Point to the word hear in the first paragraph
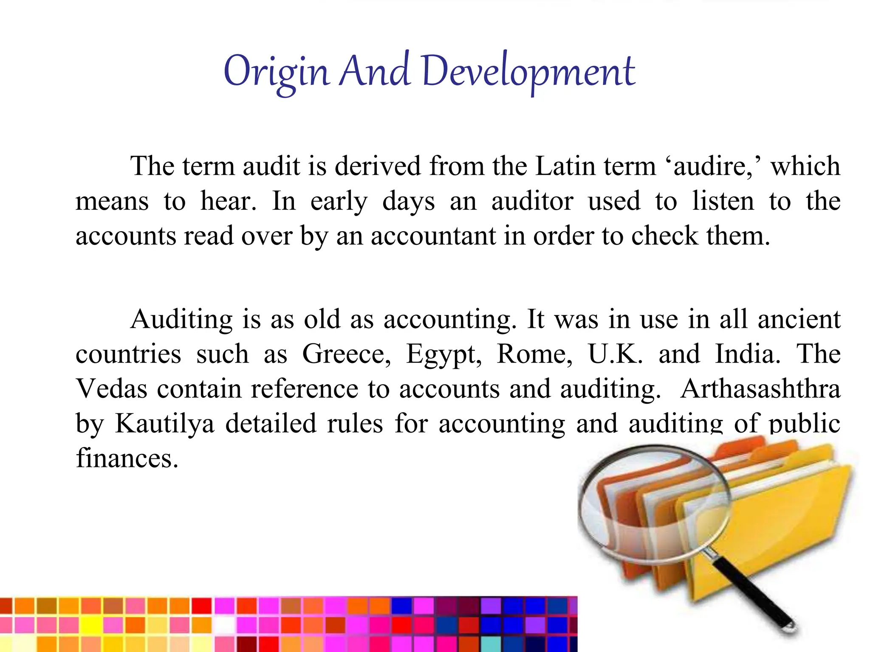click(x=228, y=201)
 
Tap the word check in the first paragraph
click(x=664, y=236)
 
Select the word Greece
click(x=346, y=354)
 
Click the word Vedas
click(x=112, y=389)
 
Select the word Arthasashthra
click(x=760, y=389)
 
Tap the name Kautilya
click(x=165, y=424)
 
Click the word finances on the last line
click(x=127, y=458)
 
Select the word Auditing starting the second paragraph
click(x=181, y=320)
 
